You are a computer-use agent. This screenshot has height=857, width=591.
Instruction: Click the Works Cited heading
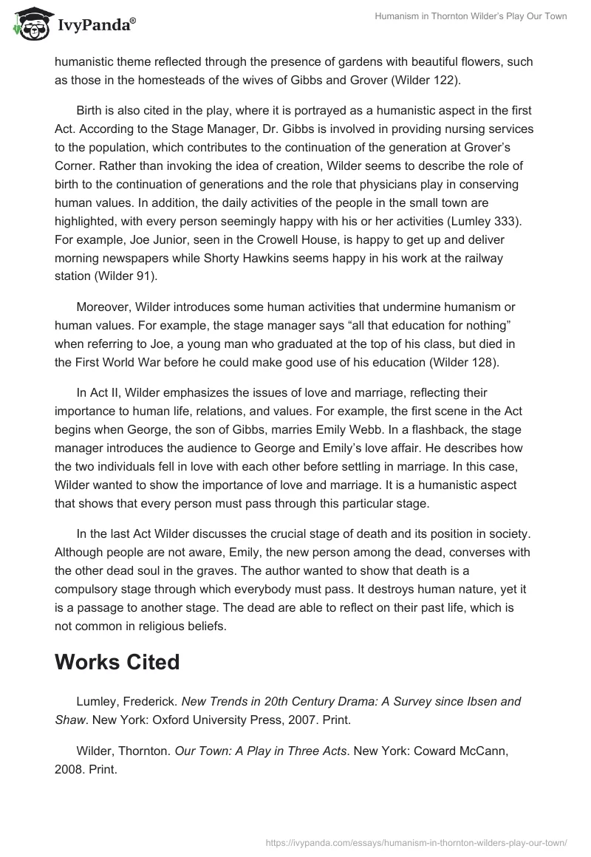point(117,663)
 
